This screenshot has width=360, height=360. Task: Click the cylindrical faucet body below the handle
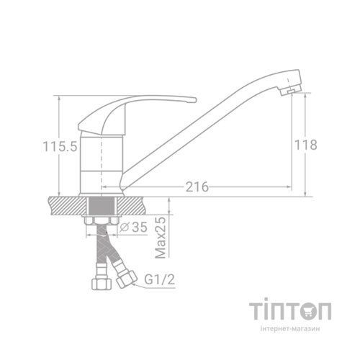pos(102,161)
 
